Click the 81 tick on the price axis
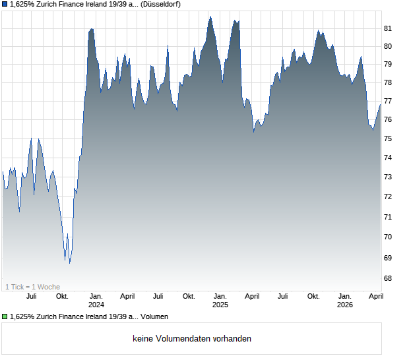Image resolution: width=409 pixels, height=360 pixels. [x=389, y=28]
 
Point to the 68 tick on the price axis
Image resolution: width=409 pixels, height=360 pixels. [x=389, y=278]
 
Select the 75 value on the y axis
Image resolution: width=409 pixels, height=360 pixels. [x=389, y=138]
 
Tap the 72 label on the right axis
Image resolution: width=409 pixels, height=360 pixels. [x=389, y=196]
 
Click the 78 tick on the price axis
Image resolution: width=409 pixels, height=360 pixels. [x=389, y=82]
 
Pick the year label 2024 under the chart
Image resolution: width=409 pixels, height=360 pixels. [x=96, y=305]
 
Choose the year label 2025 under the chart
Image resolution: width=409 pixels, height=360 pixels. [x=220, y=305]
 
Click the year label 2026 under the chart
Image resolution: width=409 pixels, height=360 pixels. [x=345, y=305]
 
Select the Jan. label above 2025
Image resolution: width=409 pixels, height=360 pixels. [x=220, y=296]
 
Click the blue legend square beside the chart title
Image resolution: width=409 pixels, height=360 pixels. [x=5, y=4]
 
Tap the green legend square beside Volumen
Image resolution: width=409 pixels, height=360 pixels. [x=5, y=316]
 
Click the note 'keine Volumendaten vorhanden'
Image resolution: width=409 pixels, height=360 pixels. [x=192, y=338]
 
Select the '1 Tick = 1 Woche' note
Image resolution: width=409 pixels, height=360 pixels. [x=32, y=287]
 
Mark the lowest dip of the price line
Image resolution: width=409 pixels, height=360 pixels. [x=69, y=263]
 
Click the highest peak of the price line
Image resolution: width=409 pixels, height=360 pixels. [x=210, y=16]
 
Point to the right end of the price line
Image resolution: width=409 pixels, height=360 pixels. [x=381, y=104]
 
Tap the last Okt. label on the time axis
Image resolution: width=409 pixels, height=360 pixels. [x=313, y=296]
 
